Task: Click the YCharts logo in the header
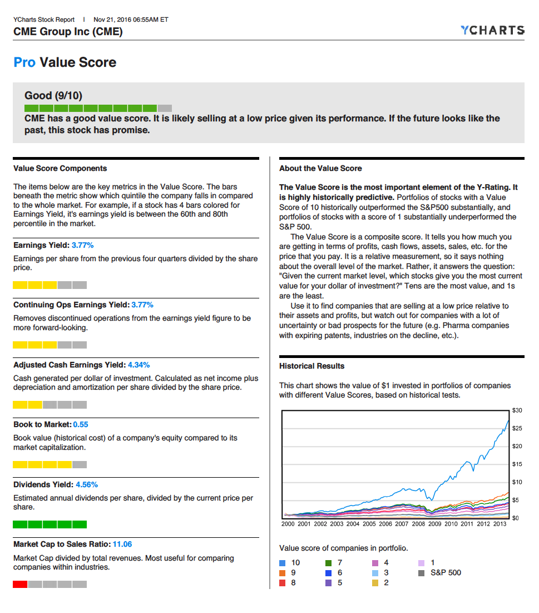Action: [x=492, y=30]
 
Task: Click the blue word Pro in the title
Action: [x=24, y=62]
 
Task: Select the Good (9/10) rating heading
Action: [x=53, y=95]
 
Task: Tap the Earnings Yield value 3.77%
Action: [x=83, y=245]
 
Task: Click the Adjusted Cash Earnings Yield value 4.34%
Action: [x=139, y=365]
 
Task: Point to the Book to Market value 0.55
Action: [x=81, y=424]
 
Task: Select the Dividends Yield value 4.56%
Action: [x=87, y=484]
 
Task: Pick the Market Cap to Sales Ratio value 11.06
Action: [x=122, y=544]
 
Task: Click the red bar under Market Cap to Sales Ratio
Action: [x=20, y=584]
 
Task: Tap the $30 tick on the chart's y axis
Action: [x=517, y=410]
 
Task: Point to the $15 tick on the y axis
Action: [x=517, y=464]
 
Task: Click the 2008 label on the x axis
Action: [x=418, y=524]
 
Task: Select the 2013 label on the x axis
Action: [x=500, y=524]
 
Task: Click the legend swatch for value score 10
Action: [x=283, y=563]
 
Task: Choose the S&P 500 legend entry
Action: [x=446, y=572]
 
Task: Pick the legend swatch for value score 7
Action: [x=329, y=563]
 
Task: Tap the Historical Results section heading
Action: [x=311, y=366]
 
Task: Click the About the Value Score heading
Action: [x=320, y=168]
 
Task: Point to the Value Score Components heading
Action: [x=60, y=168]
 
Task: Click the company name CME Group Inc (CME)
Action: [x=68, y=31]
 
